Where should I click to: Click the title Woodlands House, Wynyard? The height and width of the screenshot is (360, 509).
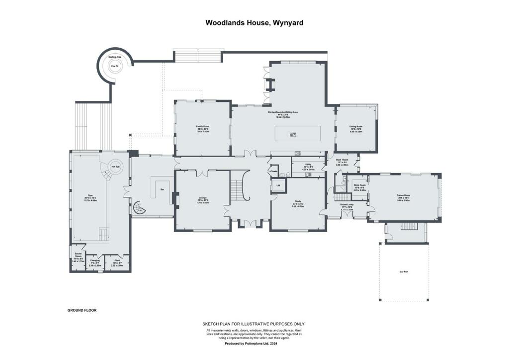[254, 22]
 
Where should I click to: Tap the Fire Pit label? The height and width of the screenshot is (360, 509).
[115, 66]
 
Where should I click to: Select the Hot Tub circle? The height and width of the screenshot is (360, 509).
[114, 167]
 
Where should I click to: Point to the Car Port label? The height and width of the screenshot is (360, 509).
[404, 271]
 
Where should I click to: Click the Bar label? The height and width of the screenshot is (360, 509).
[162, 189]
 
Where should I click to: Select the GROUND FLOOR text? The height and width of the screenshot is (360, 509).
[82, 310]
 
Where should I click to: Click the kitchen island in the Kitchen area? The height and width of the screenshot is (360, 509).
[297, 133]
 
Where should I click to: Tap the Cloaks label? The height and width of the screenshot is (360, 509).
[273, 171]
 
